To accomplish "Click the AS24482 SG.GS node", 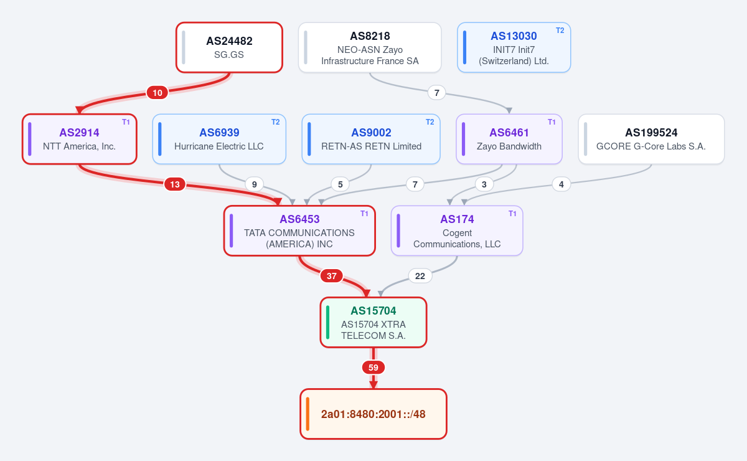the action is [230, 47].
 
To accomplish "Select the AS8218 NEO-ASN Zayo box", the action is [370, 47].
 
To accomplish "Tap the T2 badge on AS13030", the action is [560, 31].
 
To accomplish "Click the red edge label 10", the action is [157, 92].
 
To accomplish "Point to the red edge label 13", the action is [175, 184].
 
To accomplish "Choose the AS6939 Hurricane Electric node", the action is [219, 139].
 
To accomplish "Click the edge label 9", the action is [254, 184].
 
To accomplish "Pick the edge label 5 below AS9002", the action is [340, 184].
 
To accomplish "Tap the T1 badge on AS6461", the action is [552, 122].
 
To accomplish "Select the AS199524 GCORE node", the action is [651, 139].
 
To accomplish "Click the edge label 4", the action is [561, 184].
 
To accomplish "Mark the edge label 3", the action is [484, 184].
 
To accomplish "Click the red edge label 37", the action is [331, 276].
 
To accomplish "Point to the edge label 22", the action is [420, 276].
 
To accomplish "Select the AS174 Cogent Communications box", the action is [457, 230].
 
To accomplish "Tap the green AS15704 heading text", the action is [373, 311].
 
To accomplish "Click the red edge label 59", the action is [373, 368].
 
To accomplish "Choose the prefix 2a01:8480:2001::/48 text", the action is [373, 414].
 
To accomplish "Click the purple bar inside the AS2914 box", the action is [30, 139].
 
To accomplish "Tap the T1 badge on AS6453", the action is [364, 214].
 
